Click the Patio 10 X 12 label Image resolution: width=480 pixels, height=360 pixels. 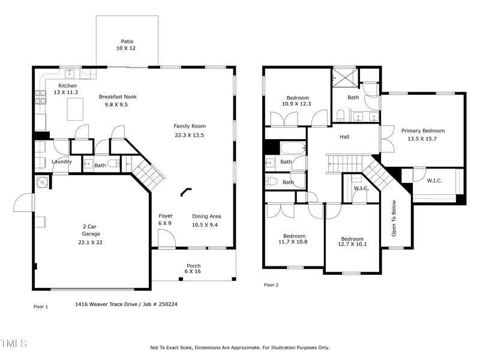coord(127,44)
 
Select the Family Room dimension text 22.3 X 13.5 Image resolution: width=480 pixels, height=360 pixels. coord(190,135)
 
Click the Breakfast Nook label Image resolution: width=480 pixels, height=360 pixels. coord(118,97)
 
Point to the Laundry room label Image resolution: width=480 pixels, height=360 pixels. coord(62,161)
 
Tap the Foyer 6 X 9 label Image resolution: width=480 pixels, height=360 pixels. coord(166,220)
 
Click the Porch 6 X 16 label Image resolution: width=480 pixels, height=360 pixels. coord(193,268)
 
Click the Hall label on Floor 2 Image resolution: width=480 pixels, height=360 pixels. coord(344,137)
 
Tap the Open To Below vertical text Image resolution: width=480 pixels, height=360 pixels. coord(394,218)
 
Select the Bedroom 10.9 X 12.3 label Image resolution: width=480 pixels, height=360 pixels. coord(298,101)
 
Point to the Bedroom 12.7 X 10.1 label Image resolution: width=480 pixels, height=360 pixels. coord(353,241)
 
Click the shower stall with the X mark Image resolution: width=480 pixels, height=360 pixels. coord(344,77)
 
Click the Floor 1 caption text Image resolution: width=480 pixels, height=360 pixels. coord(40,306)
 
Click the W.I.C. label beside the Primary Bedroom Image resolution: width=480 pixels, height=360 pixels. coord(435,180)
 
